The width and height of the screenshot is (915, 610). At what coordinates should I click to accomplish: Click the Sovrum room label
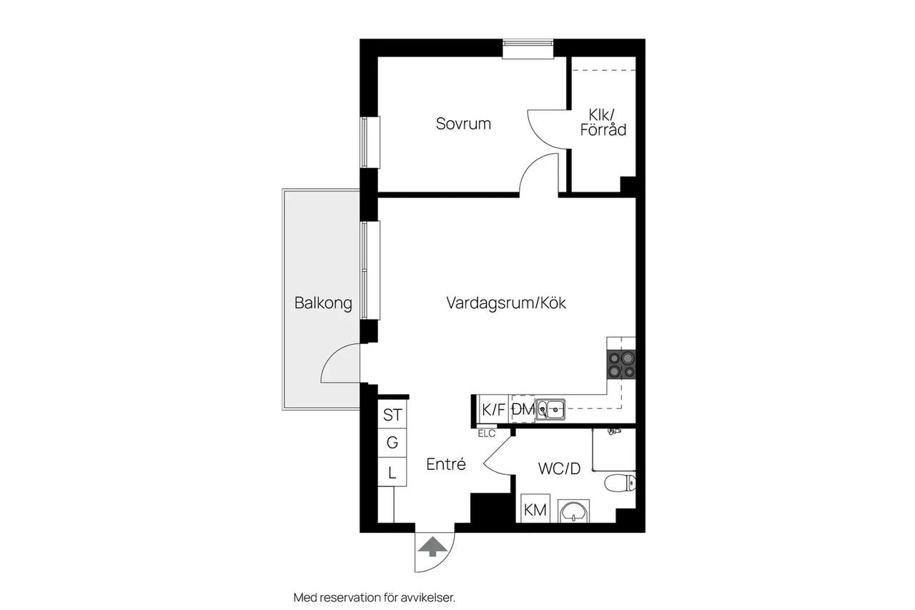[x=463, y=124]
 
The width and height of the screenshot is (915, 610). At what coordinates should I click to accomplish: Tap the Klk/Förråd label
[x=603, y=122]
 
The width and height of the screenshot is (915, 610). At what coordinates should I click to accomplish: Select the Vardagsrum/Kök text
[x=506, y=303]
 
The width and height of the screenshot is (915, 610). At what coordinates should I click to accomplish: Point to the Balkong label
[x=323, y=303]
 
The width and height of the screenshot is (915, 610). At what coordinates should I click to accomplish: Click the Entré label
[x=446, y=464]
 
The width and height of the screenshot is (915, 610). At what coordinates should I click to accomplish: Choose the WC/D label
[x=559, y=468]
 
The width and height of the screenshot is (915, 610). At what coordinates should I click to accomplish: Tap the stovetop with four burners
[x=621, y=364]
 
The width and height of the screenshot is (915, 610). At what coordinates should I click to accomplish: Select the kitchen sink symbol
[x=550, y=409]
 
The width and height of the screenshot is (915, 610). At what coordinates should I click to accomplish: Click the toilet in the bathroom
[x=620, y=483]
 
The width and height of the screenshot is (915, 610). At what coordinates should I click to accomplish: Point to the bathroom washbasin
[x=573, y=511]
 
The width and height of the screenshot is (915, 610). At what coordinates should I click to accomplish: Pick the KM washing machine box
[x=535, y=508]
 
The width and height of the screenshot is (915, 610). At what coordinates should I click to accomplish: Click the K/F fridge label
[x=493, y=410]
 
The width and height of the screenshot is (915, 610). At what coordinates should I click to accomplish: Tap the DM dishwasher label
[x=523, y=409]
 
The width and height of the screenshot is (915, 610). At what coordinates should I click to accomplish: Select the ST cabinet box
[x=392, y=414]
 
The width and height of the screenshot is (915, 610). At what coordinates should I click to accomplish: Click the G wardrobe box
[x=392, y=443]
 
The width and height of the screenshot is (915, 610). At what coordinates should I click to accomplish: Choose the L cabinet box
[x=392, y=472]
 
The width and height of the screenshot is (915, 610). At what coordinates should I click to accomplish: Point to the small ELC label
[x=487, y=434]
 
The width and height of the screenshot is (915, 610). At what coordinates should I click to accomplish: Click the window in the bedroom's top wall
[x=528, y=49]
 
